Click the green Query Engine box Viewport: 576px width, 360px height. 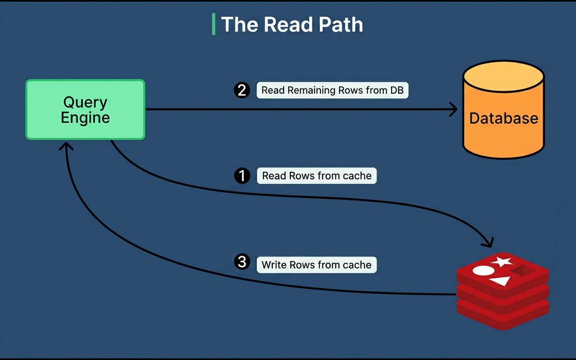click(85, 109)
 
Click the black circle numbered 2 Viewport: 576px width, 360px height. click(242, 90)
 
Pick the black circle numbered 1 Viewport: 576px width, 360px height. click(242, 175)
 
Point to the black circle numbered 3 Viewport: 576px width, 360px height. click(242, 262)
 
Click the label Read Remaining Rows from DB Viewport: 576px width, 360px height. click(333, 90)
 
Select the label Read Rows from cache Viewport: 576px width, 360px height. click(317, 175)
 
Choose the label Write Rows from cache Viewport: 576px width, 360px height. click(317, 265)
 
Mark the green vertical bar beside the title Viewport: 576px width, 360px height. click(214, 24)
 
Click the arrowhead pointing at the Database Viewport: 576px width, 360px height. click(454, 109)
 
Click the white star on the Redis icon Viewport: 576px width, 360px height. click(502, 261)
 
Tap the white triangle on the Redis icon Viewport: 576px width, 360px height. click(500, 281)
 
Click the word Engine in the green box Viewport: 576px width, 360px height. click(85, 118)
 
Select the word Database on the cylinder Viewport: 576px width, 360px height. click(504, 118)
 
